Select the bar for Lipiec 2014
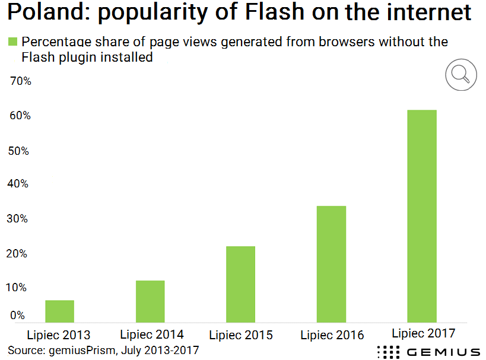(x=150, y=301)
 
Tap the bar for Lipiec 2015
(x=240, y=284)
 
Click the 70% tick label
(x=20, y=81)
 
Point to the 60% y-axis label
(x=20, y=116)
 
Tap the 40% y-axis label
(x=20, y=184)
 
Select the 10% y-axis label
(x=20, y=288)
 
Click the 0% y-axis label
(x=17, y=316)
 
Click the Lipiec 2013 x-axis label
(x=59, y=334)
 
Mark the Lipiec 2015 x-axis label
(x=241, y=334)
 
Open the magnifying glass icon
(x=460, y=74)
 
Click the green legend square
(x=12, y=42)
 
